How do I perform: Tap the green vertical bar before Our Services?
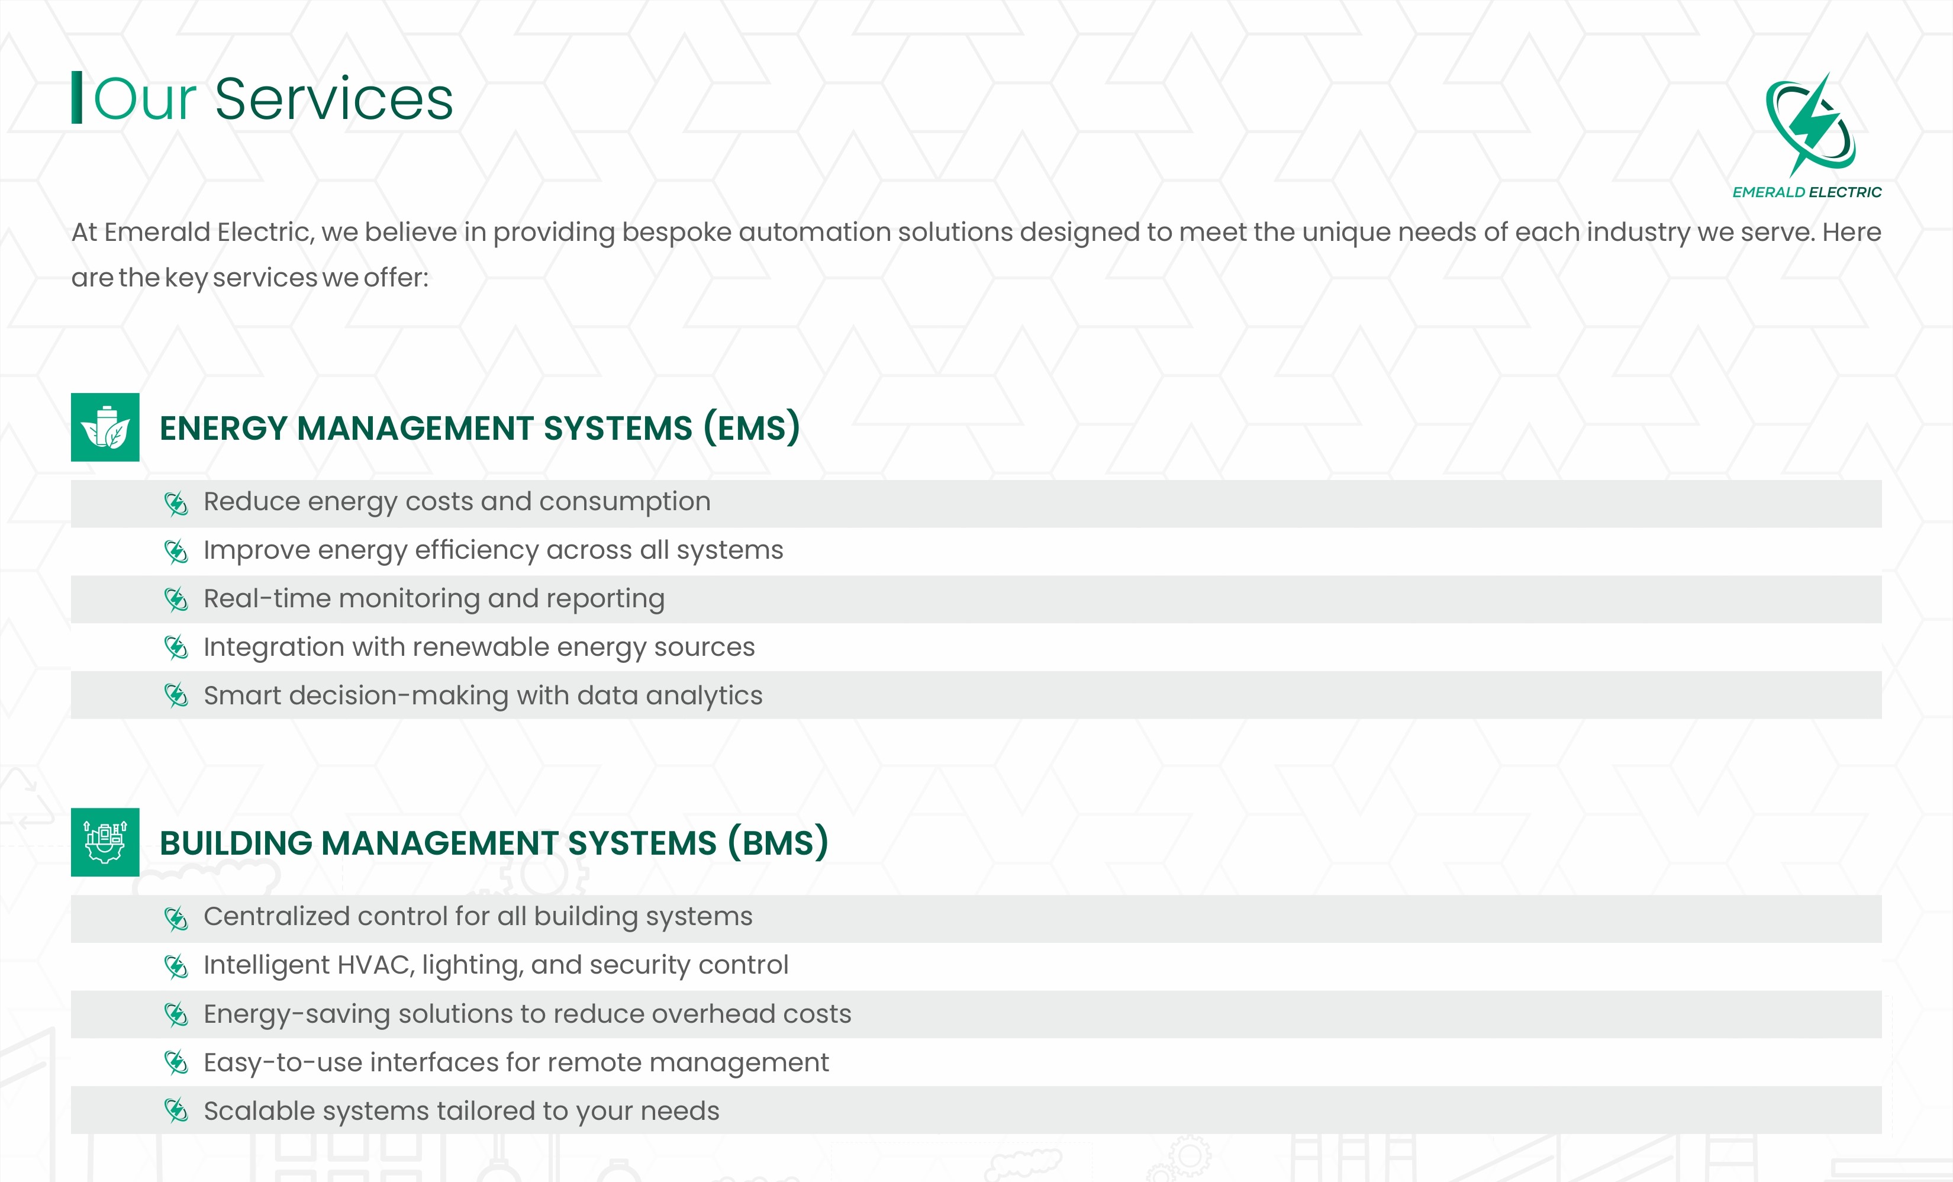(77, 98)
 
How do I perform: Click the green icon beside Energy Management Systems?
(105, 427)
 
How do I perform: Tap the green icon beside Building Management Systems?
(105, 842)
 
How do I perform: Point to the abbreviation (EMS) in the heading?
(752, 428)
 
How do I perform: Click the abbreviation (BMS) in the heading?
(778, 843)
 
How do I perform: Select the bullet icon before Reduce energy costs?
(176, 503)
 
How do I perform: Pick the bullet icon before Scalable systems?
(176, 1110)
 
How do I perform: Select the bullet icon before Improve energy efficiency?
(176, 552)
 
